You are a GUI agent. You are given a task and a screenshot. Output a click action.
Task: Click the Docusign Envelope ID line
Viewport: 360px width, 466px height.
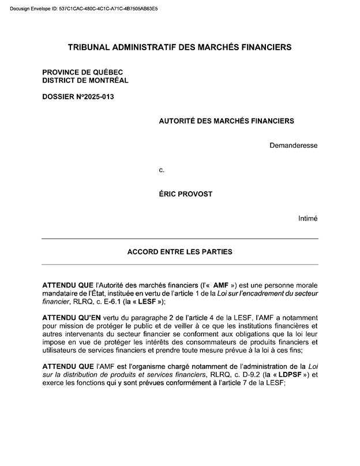pos(84,10)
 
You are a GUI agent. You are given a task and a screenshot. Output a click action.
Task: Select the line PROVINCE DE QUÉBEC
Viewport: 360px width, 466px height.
pos(82,72)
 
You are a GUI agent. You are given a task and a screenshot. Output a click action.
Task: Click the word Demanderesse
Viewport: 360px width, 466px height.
pos(293,145)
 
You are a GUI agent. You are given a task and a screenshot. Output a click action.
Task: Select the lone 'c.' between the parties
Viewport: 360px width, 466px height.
pos(162,170)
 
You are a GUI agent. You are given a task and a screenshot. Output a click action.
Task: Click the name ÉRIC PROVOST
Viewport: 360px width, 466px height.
pos(185,194)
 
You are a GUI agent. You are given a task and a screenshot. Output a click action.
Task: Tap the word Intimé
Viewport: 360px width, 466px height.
pos(307,218)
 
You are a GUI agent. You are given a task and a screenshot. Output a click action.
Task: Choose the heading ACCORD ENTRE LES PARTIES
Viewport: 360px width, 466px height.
pos(179,252)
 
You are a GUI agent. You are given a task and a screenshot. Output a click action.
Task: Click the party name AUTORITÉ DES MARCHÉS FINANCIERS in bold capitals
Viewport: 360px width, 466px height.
pos(226,121)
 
